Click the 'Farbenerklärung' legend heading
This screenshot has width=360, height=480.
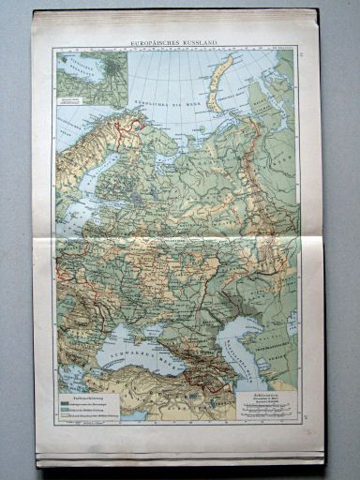click(80, 392)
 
